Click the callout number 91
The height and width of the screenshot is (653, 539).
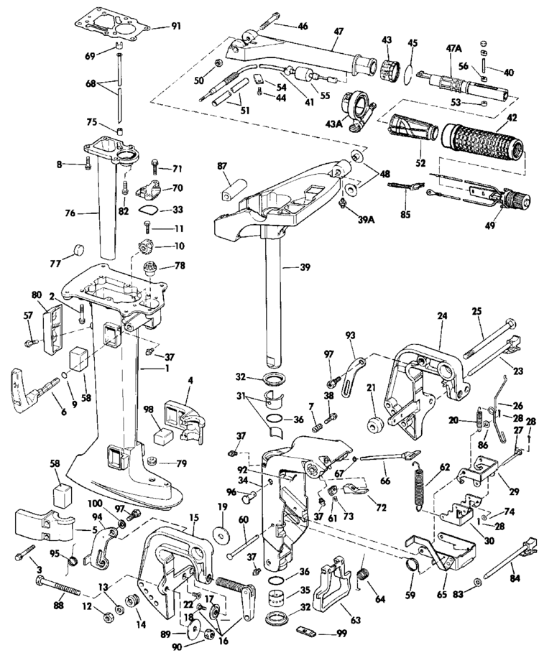tap(176, 27)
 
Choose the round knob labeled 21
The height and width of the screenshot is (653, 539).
tap(374, 422)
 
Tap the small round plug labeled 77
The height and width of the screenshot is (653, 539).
tap(75, 251)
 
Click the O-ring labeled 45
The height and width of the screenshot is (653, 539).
tap(408, 71)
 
